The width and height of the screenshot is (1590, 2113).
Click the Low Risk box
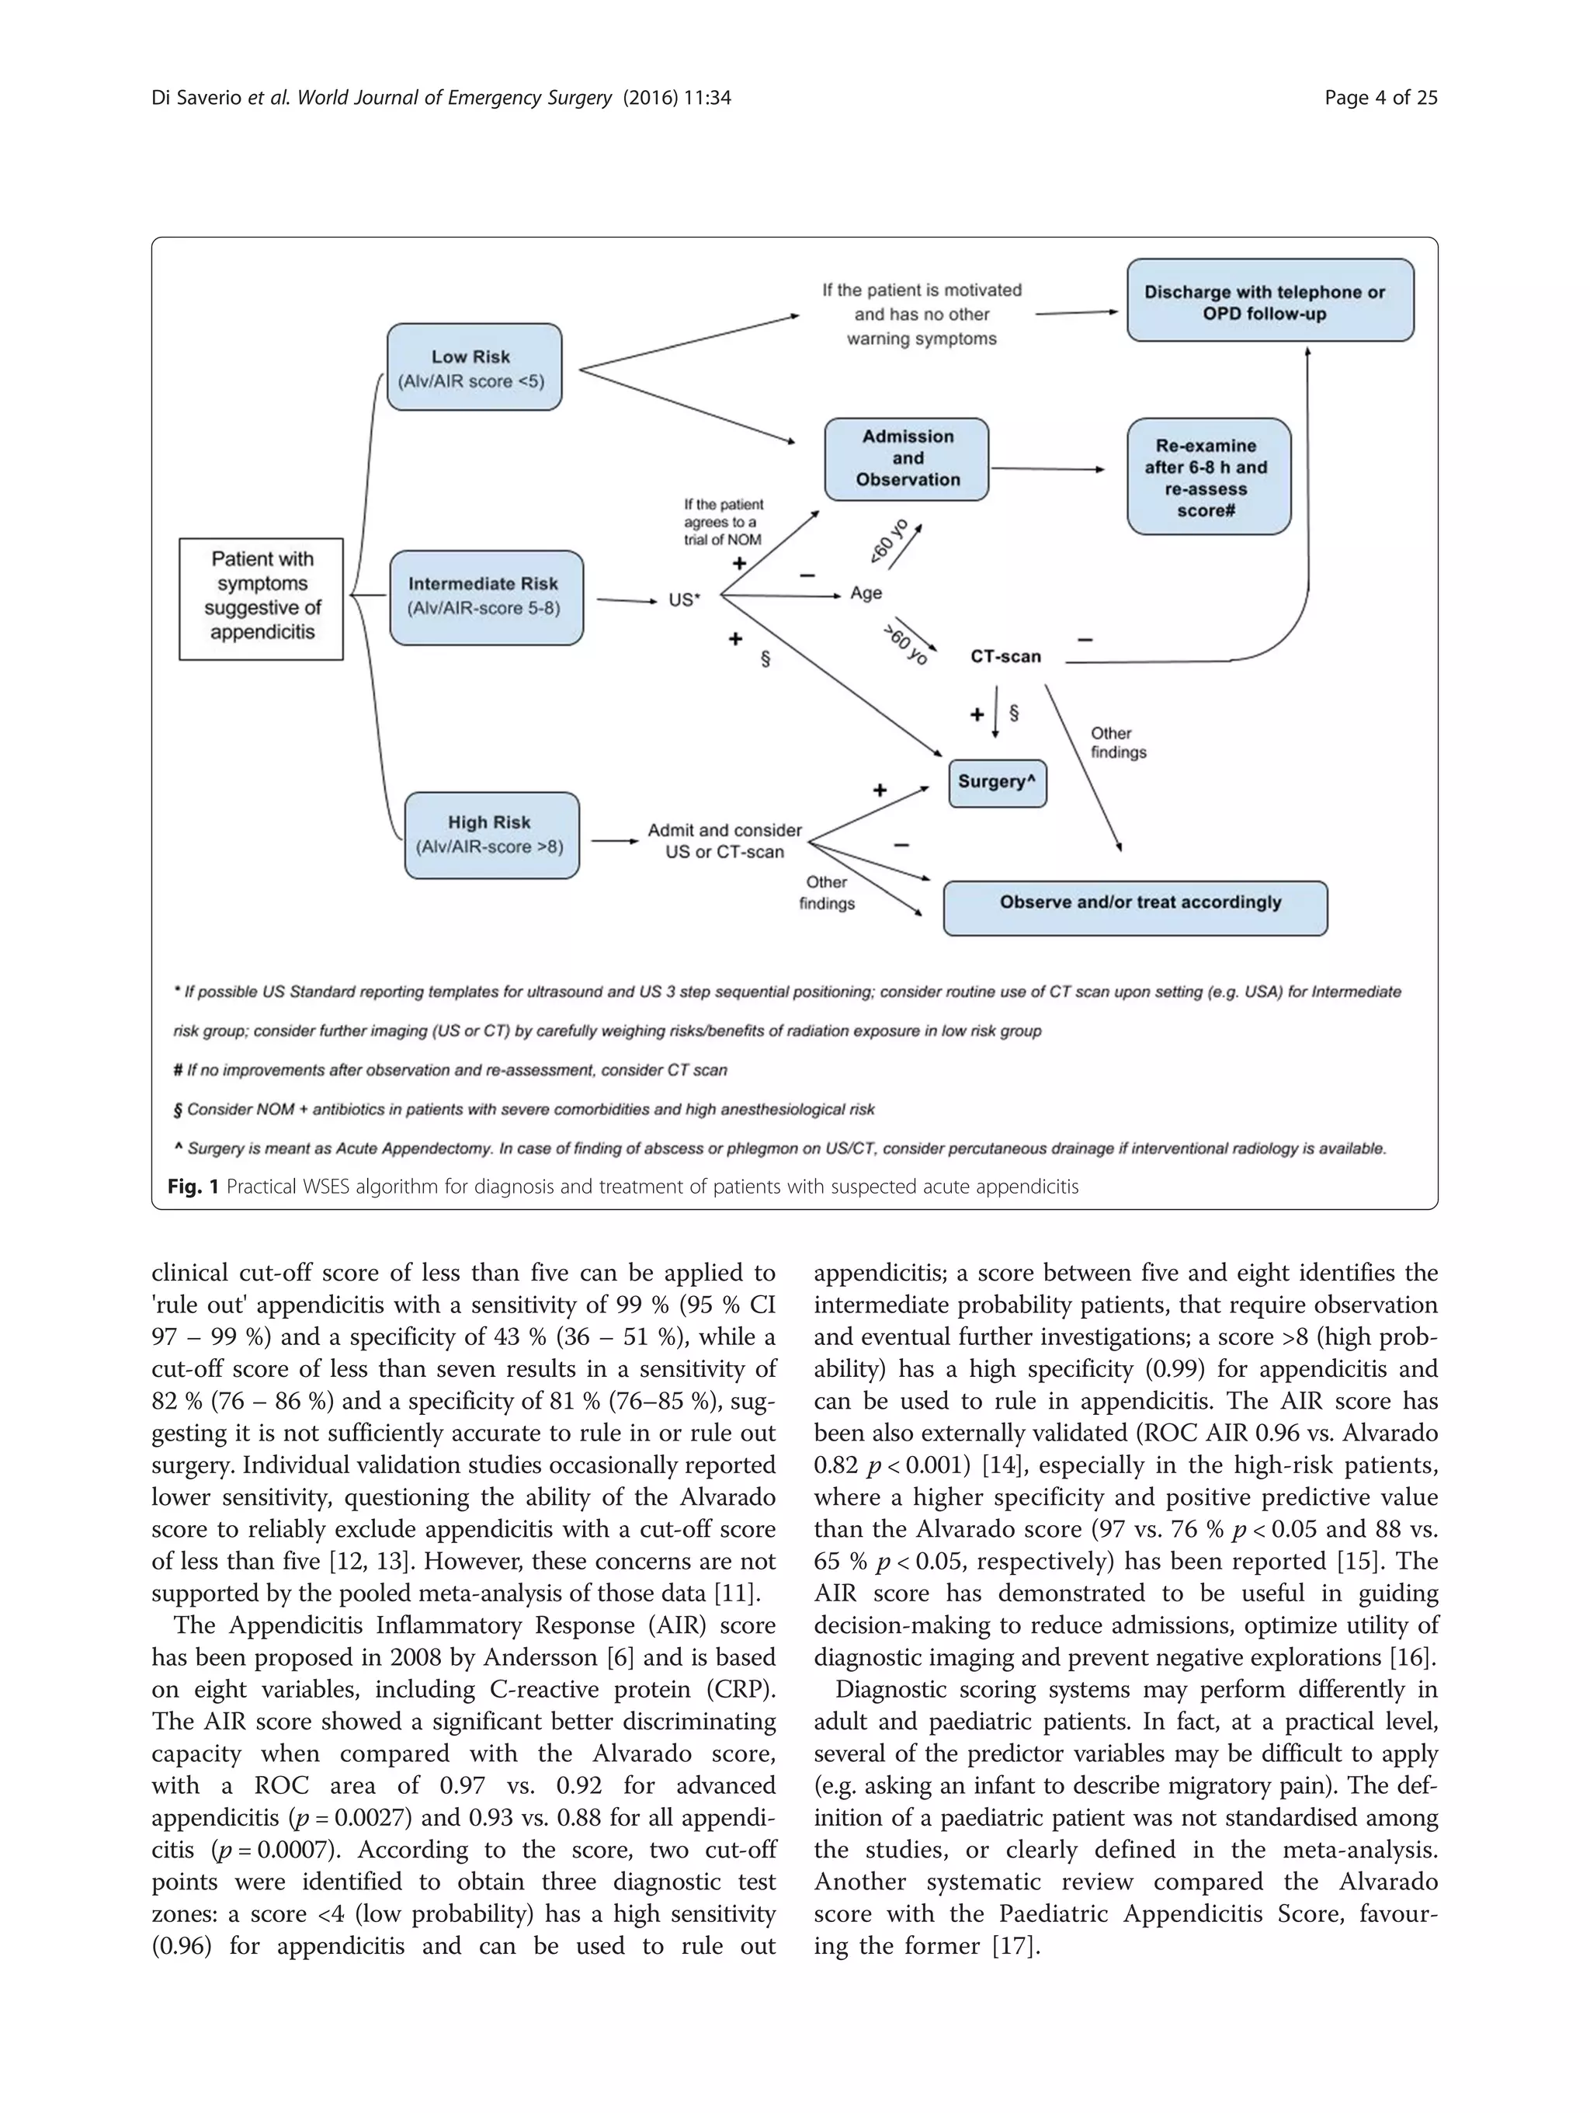474,368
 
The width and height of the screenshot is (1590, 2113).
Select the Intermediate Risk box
485,597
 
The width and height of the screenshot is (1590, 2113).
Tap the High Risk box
491,835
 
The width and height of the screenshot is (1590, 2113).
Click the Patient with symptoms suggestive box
262,598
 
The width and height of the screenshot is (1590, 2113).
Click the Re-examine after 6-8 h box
1208,477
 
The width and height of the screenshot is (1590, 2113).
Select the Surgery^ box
996,782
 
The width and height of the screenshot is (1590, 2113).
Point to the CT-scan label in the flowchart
1005,657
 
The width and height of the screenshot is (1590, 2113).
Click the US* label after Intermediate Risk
684,601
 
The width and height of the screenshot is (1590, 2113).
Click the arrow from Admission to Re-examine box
1047,469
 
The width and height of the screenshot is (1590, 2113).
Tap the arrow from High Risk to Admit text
614,840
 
